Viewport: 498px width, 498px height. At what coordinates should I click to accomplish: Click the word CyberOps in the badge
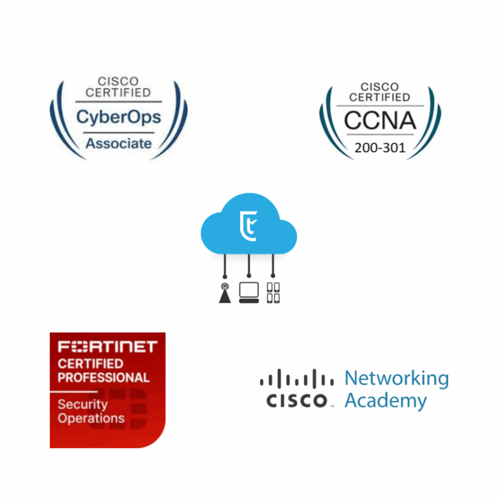point(119,118)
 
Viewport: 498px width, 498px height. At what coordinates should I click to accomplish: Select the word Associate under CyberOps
point(119,143)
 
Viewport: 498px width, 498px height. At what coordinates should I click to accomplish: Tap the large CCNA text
point(380,121)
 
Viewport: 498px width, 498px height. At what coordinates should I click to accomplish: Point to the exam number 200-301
point(380,148)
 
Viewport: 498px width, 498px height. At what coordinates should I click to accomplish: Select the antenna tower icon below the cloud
point(225,293)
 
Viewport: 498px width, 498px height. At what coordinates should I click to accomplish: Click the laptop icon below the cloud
point(249,293)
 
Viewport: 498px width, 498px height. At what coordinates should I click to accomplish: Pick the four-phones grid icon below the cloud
point(273,293)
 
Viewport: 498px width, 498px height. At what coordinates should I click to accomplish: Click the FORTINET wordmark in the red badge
point(107,347)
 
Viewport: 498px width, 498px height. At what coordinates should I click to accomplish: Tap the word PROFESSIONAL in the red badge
point(104,377)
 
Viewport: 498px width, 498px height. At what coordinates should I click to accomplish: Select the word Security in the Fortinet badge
point(83,405)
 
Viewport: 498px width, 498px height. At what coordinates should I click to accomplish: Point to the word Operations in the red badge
point(91,419)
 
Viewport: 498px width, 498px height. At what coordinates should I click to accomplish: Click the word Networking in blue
point(397,378)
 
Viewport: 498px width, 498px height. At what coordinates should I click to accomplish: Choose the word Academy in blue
point(386,401)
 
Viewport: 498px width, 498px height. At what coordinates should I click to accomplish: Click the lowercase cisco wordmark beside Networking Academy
point(297,401)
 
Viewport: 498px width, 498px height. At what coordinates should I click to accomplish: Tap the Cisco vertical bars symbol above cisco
point(297,378)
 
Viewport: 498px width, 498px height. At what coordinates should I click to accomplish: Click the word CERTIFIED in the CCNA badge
point(380,97)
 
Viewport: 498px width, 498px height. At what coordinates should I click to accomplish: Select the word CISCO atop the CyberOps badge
point(118,81)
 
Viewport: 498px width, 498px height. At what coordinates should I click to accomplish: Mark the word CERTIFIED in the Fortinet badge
point(90,364)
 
